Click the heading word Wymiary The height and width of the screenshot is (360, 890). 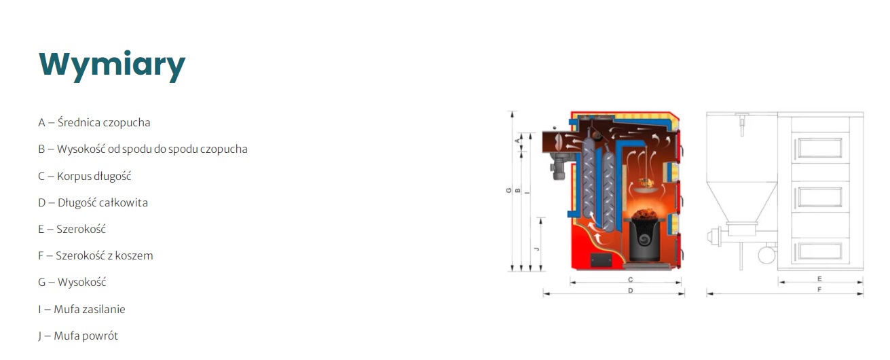click(x=112, y=65)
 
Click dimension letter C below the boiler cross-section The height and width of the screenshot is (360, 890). click(x=631, y=280)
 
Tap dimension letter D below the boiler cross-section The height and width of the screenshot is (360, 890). click(x=631, y=291)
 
